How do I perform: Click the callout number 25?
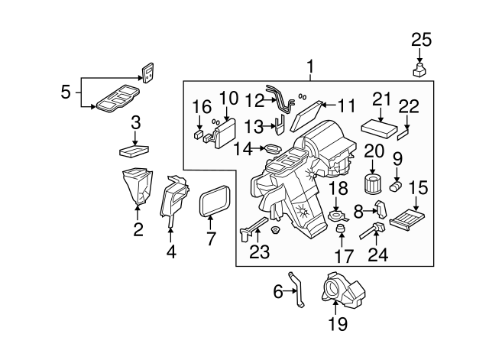coord(421,40)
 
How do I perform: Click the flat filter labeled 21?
coord(380,125)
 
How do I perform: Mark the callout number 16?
coord(201,106)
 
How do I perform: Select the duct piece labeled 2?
coord(135,190)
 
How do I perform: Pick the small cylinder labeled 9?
coord(396,186)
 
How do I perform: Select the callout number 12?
coord(254,100)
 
